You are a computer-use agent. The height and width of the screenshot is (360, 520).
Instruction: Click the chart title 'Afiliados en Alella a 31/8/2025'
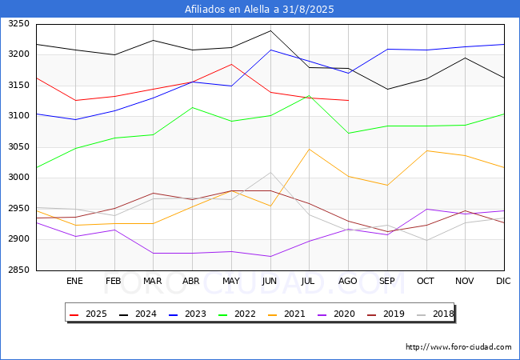259,10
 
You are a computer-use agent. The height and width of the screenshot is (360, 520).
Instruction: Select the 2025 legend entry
88,314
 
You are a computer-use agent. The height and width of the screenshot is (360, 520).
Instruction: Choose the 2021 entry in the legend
286,314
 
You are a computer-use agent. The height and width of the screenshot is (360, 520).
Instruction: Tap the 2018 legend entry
435,314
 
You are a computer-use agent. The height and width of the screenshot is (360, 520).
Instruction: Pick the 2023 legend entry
187,314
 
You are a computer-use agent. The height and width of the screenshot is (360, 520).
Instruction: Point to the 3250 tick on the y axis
18,23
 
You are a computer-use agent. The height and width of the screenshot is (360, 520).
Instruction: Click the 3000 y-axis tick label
18,177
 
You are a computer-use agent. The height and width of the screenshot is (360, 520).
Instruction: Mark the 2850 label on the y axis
18,270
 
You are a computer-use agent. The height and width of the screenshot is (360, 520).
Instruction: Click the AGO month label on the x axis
347,281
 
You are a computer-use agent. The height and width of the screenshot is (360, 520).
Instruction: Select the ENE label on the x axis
74,281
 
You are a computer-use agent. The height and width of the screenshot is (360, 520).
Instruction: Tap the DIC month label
503,281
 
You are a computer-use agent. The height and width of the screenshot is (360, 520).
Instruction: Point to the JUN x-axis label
270,281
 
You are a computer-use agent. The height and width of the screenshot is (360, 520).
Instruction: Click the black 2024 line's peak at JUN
270,31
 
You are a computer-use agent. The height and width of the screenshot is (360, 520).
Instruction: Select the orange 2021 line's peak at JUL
310,149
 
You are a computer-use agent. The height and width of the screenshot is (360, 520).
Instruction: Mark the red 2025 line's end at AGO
348,100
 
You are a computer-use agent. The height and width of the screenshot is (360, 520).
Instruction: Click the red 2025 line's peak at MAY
231,64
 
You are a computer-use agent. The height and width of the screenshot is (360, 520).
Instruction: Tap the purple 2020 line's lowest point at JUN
270,256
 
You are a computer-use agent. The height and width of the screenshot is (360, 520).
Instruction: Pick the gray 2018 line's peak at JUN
270,172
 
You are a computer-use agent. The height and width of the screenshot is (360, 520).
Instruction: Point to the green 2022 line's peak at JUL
310,96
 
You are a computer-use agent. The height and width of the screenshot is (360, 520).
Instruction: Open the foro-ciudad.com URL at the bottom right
458,347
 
